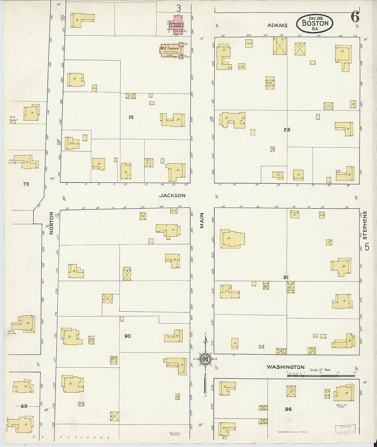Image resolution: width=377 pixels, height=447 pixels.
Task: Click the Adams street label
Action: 278,25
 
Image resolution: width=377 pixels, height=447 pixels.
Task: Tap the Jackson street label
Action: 172,196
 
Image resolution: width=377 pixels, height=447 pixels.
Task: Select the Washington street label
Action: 285,367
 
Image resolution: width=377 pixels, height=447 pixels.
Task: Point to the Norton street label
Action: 51,223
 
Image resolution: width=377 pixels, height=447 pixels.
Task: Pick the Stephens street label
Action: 365,225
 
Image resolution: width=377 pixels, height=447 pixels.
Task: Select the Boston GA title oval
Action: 315,24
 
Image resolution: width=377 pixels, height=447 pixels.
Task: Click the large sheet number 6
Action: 355,16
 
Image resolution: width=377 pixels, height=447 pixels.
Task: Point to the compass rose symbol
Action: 206,359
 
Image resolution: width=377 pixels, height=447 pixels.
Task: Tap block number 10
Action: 131,117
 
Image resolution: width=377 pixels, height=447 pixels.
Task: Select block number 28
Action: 287,129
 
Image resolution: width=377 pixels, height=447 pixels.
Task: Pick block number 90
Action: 127,336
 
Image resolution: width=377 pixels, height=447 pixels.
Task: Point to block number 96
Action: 288,409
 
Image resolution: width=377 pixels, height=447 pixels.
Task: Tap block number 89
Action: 24,406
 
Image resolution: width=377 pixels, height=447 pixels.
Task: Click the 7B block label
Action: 26,184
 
